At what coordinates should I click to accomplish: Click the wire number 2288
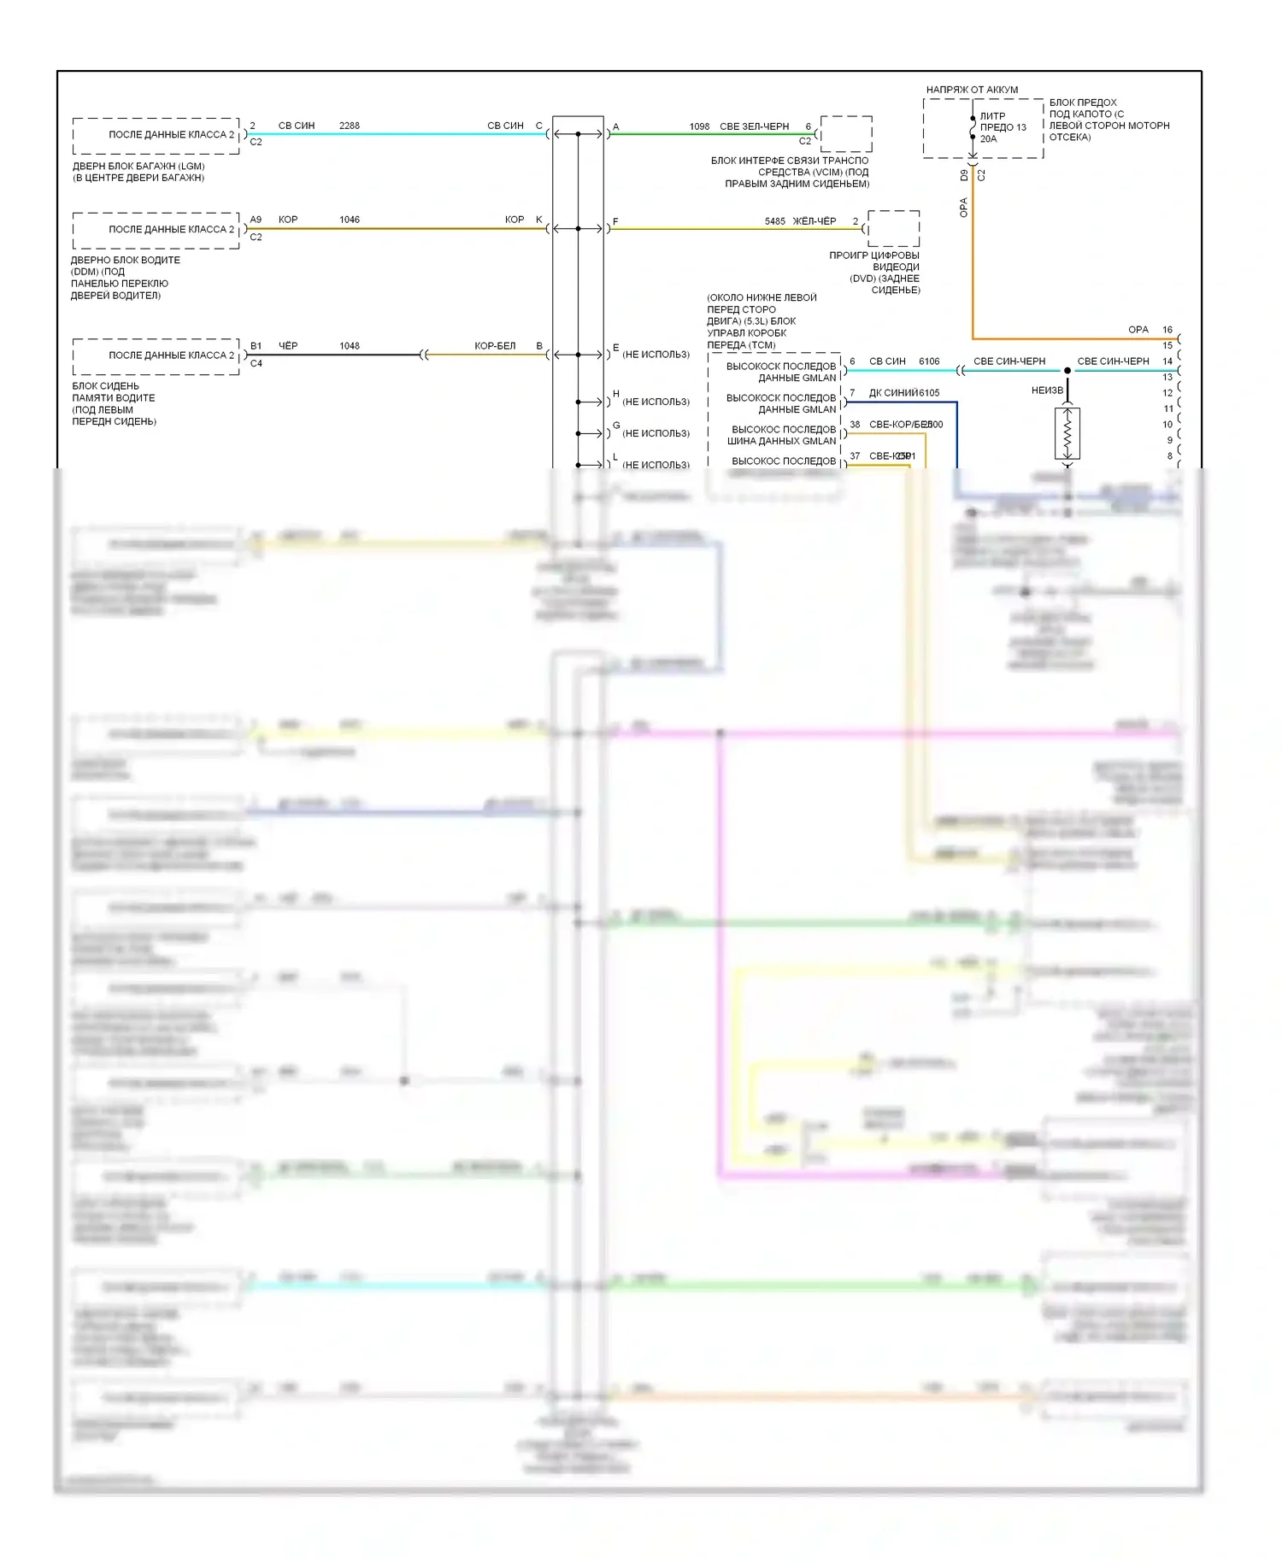pos(349,126)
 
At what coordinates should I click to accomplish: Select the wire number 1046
pos(349,220)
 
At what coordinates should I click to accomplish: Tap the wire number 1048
pos(349,346)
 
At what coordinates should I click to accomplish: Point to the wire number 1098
pos(699,126)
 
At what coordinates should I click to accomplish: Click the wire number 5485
pos(774,221)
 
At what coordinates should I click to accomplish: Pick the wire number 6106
pos(929,361)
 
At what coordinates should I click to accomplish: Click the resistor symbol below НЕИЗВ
pos(1067,434)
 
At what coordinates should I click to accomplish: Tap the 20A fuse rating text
pos(989,138)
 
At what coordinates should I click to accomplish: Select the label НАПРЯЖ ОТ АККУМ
pos(972,90)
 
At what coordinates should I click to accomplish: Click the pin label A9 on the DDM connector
pos(256,220)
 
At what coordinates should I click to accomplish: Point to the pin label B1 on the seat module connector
pos(256,346)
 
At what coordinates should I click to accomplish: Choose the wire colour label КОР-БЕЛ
pos(495,346)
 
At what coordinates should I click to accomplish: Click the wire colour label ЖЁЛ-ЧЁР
pos(814,221)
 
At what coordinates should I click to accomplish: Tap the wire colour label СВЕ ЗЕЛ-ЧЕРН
pos(754,126)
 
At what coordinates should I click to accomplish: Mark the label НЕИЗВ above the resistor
pos(1047,390)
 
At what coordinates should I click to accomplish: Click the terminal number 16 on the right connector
pos(1167,330)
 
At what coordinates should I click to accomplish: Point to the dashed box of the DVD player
pos(894,228)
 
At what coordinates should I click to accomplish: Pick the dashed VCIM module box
pos(846,134)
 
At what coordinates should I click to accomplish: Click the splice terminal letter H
pos(615,394)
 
